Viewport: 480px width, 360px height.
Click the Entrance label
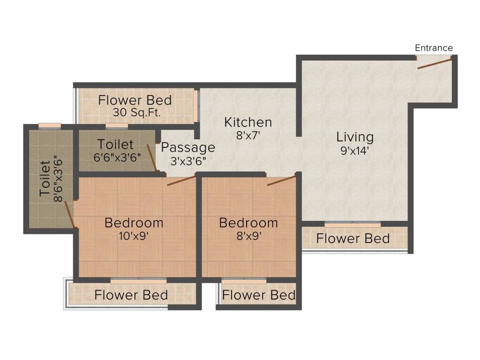434,48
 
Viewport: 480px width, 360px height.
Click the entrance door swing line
435,63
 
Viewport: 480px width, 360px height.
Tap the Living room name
355,137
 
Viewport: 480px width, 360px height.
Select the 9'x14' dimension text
355,151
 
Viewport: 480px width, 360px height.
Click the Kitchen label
248,122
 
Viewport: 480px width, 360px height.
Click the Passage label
188,147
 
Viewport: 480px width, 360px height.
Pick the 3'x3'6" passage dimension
188,160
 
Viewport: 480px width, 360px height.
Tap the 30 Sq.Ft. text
135,112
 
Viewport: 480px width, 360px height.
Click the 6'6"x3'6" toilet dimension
117,157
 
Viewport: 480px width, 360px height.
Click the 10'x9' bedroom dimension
134,236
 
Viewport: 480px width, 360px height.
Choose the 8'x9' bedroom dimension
248,236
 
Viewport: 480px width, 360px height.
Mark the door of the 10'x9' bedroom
181,180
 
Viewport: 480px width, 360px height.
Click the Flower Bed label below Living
352,239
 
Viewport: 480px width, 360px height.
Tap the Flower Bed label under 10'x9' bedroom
131,295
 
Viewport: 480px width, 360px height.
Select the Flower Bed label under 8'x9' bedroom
259,295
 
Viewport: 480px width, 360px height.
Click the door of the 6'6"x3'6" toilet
151,158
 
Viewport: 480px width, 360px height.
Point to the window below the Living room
352,225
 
